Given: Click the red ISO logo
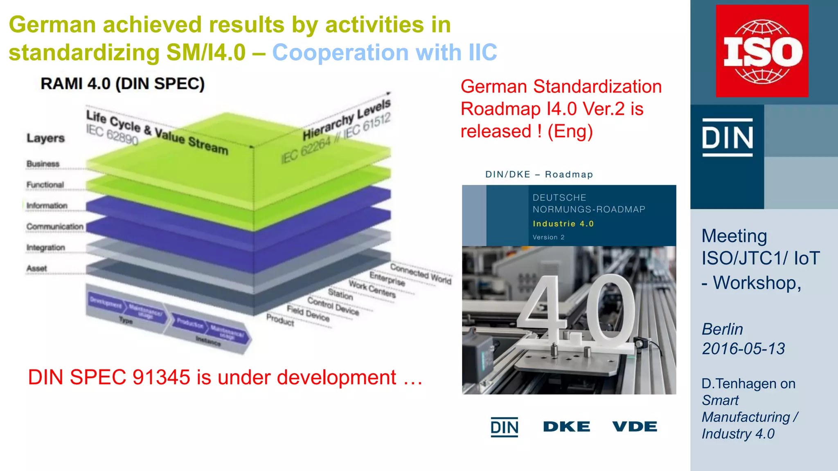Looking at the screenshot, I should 762,51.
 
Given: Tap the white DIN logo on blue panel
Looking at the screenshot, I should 728,138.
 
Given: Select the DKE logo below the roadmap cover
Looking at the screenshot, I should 566,427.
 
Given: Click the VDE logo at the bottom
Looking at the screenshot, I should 635,427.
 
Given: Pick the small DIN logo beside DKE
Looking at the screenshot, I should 505,427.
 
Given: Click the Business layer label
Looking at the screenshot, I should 43,164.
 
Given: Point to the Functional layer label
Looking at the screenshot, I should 45,185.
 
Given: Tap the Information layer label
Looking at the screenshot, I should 47,206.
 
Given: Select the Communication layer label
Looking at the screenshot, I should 55,227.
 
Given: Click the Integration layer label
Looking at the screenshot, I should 45,248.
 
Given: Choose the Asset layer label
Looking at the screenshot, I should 37,269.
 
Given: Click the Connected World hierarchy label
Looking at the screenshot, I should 421,274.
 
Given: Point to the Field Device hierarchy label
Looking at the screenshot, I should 308,313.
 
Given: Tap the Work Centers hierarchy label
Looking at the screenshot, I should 372,289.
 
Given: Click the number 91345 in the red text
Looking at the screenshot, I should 161,377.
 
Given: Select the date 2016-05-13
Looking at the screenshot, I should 743,349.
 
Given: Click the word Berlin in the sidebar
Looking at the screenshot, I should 722,329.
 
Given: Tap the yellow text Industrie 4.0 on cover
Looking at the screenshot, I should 563,224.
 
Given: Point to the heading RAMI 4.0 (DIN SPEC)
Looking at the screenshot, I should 123,84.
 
